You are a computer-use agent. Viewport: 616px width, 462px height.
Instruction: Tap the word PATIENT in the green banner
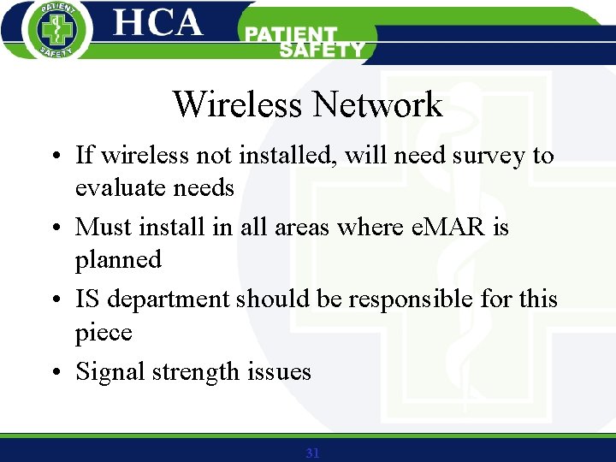pos(292,35)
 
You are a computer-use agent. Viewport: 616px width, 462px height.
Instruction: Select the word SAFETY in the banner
pos(321,50)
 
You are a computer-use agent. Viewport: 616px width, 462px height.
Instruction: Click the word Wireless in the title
pos(238,105)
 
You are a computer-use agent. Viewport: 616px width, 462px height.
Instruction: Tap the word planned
pos(118,260)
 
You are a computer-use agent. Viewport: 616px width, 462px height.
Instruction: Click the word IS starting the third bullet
pos(86,299)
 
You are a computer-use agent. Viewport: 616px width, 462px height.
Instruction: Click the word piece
pos(104,333)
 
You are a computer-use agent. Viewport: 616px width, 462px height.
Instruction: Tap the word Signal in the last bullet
pos(110,372)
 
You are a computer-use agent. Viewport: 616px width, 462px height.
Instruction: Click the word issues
pos(279,372)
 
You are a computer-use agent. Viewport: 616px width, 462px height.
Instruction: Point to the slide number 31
pos(312,453)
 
